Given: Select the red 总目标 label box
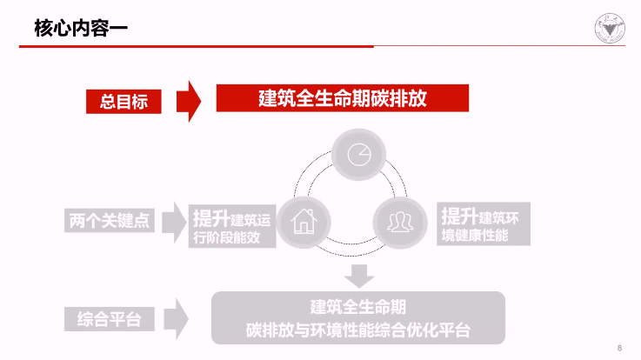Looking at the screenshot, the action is (124, 101).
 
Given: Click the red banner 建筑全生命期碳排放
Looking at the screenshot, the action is (342, 97).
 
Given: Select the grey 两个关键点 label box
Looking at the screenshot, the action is (109, 221).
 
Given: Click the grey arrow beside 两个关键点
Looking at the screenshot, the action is (177, 221).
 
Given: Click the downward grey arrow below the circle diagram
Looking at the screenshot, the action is (357, 276).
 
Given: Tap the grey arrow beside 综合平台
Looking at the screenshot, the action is (177, 318).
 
